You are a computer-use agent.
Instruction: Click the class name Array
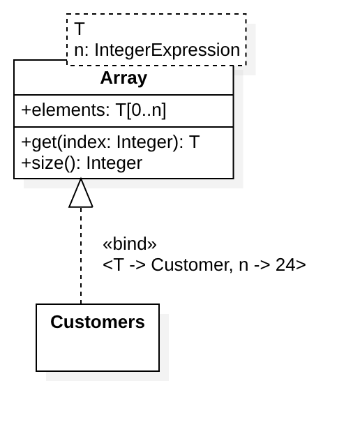click(x=123, y=78)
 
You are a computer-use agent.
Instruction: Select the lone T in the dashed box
click(x=80, y=29)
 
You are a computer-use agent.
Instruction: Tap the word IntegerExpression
click(x=167, y=50)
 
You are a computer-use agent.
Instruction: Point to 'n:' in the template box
click(x=82, y=50)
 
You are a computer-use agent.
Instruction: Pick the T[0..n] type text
click(x=141, y=111)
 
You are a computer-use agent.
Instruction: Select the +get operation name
click(x=38, y=142)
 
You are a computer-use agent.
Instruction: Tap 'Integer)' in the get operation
click(x=149, y=142)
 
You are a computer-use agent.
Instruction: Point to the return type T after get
click(x=194, y=142)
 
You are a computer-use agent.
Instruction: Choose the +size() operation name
click(x=51, y=163)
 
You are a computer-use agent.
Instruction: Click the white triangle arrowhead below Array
click(x=81, y=195)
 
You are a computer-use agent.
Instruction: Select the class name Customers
click(x=98, y=322)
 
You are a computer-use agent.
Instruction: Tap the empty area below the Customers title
click(x=98, y=352)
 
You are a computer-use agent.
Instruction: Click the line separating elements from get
click(x=123, y=127)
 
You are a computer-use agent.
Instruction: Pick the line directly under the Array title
click(x=123, y=95)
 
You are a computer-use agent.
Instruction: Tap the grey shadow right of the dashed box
click(x=251, y=49)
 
